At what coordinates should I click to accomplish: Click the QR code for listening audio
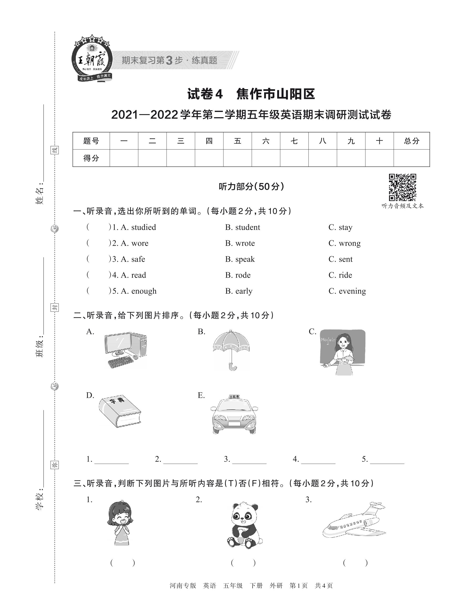pyautogui.click(x=402, y=187)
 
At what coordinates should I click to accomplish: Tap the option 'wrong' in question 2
pyautogui.click(x=349, y=243)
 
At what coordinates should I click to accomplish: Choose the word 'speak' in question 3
pyautogui.click(x=245, y=259)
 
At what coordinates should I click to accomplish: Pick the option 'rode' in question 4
pyautogui.click(x=243, y=275)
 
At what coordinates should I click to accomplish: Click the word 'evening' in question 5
pyautogui.click(x=352, y=291)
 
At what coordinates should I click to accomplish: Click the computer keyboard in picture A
pyautogui.click(x=120, y=362)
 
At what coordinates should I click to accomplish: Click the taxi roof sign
pyautogui.click(x=234, y=397)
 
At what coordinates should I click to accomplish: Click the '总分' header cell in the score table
pyautogui.click(x=411, y=141)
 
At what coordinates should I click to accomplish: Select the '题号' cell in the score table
pyautogui.click(x=91, y=141)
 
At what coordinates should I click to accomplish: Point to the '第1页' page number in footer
pyautogui.click(x=298, y=585)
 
